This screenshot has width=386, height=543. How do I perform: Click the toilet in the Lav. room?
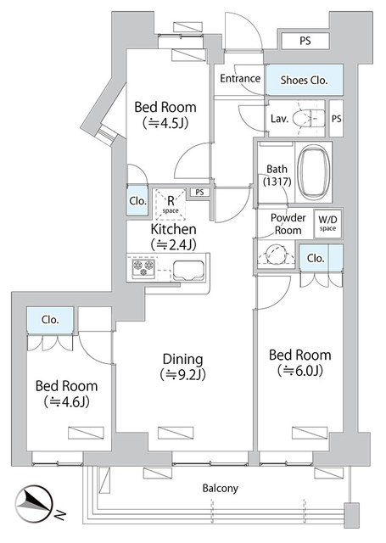[309, 119]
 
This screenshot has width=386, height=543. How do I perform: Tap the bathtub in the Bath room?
[313, 172]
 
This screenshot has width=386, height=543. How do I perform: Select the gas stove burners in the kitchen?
[143, 268]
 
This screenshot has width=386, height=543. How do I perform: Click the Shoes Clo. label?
[304, 81]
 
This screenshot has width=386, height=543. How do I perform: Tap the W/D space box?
[327, 223]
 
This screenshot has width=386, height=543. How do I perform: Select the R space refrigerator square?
[171, 204]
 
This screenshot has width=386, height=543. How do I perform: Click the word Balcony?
[221, 489]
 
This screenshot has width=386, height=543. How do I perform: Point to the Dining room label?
[182, 359]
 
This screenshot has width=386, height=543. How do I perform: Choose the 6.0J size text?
[300, 371]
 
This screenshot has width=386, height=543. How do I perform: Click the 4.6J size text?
[67, 401]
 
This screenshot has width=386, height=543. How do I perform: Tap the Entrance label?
[240, 78]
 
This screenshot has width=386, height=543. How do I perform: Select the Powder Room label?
[288, 224]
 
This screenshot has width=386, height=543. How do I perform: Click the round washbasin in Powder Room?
[276, 255]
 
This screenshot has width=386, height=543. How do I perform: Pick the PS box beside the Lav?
[336, 119]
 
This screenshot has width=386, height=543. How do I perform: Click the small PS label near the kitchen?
[199, 193]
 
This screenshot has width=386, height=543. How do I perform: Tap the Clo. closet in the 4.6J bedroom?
[50, 320]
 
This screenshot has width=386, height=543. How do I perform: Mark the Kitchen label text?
[173, 229]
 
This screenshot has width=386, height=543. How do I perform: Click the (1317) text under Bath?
[277, 182]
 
